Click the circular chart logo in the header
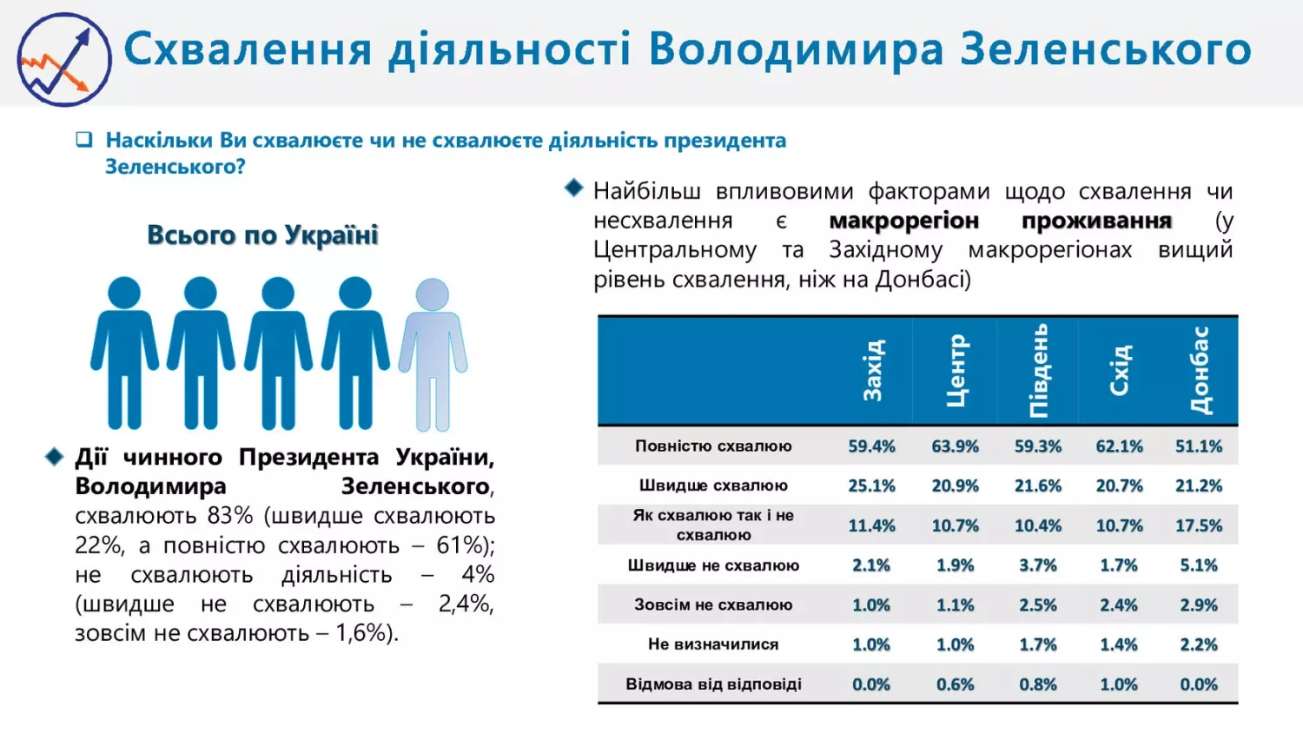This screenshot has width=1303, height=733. click(64, 59)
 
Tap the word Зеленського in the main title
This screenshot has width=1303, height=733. click(1105, 49)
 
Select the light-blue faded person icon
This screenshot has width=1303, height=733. click(433, 354)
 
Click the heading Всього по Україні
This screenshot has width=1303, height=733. click(262, 235)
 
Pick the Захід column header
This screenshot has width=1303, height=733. click(872, 371)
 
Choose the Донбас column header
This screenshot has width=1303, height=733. click(1200, 371)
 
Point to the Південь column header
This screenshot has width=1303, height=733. click(1038, 371)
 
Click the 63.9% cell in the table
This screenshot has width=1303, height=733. click(955, 446)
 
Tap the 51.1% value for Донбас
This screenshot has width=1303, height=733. click(1199, 446)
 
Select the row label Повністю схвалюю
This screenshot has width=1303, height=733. click(713, 446)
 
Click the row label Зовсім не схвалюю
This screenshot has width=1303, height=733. click(713, 605)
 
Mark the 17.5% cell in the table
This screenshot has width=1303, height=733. click(1199, 525)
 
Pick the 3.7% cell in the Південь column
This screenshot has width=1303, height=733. click(1038, 565)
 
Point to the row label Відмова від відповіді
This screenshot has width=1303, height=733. click(713, 684)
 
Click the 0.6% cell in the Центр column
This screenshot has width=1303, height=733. click(955, 684)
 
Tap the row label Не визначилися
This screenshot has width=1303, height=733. click(713, 644)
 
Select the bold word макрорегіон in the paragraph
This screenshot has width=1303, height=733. click(903, 221)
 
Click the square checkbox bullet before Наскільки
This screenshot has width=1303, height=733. click(84, 140)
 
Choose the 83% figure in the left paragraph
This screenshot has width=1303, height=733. click(230, 516)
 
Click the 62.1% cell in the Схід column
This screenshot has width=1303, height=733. click(1119, 446)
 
